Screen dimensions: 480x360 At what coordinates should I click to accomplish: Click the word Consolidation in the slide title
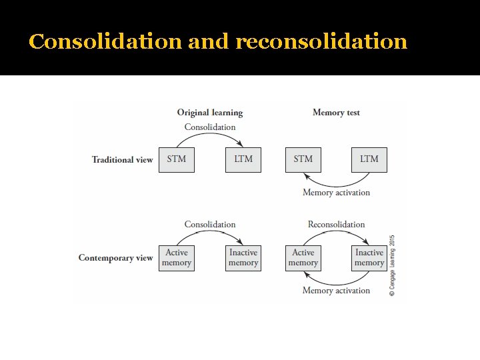point(105,41)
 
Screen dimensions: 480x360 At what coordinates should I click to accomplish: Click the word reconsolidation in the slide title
point(321,41)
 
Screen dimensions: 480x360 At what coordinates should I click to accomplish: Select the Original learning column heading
point(209,113)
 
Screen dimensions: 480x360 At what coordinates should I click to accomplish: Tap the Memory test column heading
point(336,113)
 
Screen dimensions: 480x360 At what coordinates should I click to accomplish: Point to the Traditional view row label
point(122,159)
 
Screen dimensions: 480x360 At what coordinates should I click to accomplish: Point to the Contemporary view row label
point(115,257)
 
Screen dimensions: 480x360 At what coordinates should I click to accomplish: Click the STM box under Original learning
point(177,159)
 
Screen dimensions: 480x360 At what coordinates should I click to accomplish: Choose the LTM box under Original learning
point(243,159)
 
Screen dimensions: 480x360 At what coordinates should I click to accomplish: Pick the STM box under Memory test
point(303,159)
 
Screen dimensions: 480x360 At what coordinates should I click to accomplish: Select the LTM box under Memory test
point(369,159)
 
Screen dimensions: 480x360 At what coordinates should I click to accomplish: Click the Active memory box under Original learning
point(177,257)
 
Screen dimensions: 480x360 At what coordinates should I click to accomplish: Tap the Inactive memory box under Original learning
point(243,257)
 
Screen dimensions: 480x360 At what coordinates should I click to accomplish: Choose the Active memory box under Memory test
point(303,257)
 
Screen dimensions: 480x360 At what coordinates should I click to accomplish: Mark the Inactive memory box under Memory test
point(369,257)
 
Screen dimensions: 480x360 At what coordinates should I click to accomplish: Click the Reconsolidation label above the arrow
point(336,225)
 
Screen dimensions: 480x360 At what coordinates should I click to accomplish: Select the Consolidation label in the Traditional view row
point(209,127)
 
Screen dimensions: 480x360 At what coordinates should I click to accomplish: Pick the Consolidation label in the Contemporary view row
point(209,225)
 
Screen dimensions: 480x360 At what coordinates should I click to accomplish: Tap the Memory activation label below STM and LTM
point(336,193)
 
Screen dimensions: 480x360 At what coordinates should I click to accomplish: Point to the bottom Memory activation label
point(336,291)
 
